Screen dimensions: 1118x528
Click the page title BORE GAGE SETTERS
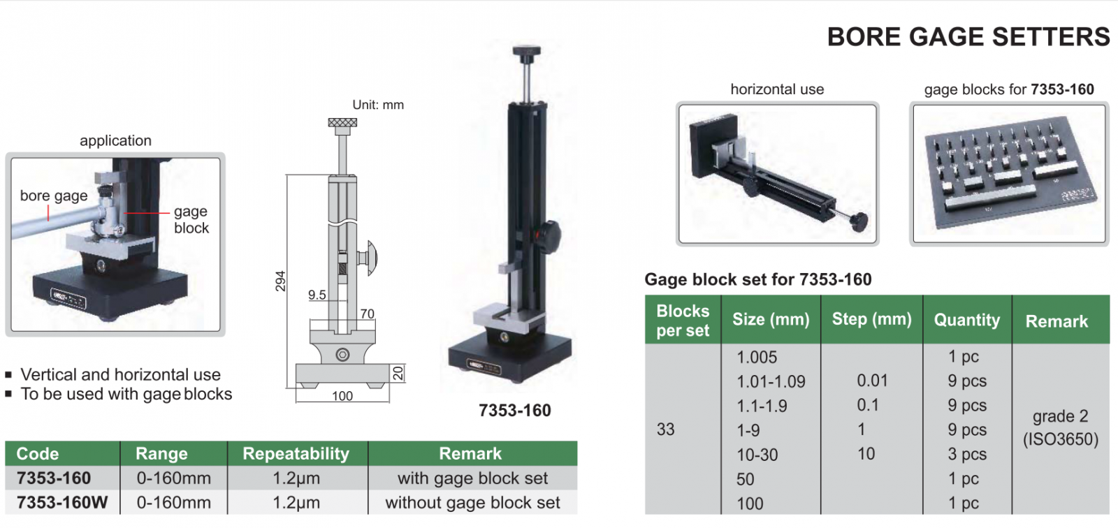[968, 37]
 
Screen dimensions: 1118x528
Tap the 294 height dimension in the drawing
[280, 281]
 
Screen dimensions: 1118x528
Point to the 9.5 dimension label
[317, 295]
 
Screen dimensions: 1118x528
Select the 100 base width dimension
[342, 396]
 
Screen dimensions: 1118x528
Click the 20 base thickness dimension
[398, 373]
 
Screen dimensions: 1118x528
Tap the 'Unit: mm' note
[378, 105]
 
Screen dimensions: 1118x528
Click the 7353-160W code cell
[62, 503]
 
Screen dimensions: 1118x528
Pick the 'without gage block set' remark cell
[472, 503]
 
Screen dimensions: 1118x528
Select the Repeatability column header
[296, 454]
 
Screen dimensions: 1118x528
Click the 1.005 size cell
[757, 358]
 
